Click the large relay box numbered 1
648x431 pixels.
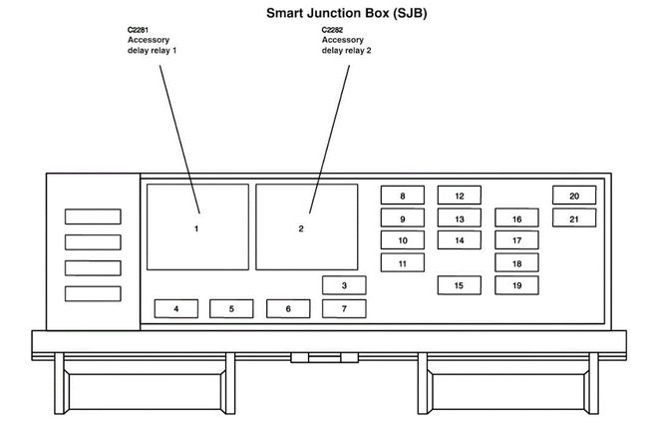197,228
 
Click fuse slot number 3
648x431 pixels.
344,286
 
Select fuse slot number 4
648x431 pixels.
176,309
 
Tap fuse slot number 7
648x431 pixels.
344,309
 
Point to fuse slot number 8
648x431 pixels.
403,197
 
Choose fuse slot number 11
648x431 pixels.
403,263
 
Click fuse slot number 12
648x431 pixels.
459,197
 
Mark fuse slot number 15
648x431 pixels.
459,285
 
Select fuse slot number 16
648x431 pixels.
516,218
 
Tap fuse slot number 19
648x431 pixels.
516,285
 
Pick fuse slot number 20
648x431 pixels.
574,197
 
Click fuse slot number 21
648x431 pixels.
574,218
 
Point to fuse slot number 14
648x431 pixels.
459,240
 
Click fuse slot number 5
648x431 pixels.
231,309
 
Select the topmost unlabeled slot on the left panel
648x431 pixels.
93,216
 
